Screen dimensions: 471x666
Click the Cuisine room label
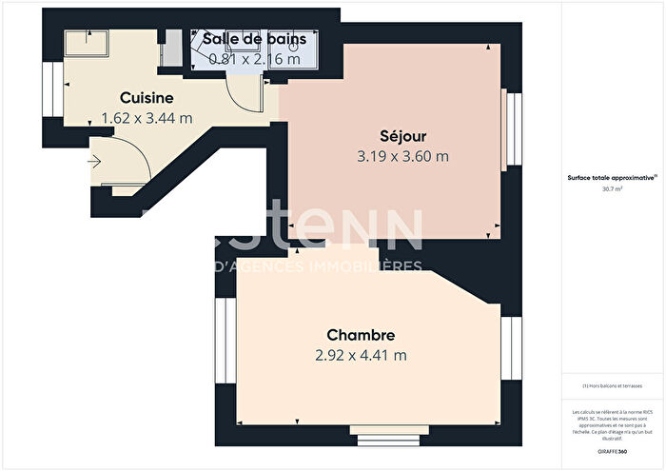(x=146, y=97)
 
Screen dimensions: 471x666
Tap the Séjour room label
(x=393, y=135)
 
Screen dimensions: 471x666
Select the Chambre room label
(x=361, y=335)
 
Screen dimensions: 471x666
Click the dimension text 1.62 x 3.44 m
(x=147, y=118)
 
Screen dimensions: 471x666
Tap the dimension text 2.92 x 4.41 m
(x=361, y=356)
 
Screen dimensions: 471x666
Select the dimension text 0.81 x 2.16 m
(x=254, y=58)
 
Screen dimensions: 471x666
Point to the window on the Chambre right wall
(x=508, y=347)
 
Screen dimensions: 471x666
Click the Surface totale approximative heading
(x=606, y=178)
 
